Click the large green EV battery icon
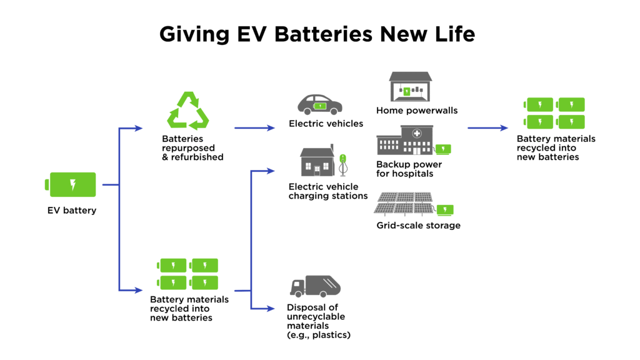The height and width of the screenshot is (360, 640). point(71,184)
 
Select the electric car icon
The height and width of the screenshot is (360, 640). point(319,104)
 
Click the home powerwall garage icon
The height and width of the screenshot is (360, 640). point(411,86)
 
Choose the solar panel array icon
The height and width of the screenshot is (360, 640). point(404,203)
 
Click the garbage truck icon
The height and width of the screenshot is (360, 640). point(315,286)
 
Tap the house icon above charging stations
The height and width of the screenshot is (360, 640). point(318,162)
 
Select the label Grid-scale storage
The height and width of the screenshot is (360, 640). point(418,225)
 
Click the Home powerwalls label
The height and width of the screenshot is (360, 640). point(417,111)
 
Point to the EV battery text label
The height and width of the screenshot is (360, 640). point(72,211)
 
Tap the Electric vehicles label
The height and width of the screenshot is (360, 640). point(326,124)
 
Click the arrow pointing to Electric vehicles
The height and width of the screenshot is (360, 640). point(254,127)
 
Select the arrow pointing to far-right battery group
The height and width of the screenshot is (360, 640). point(488,128)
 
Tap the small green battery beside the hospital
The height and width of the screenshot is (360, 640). point(443,149)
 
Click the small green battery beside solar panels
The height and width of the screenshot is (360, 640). point(445,209)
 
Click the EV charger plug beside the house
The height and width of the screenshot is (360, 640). point(342,165)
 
